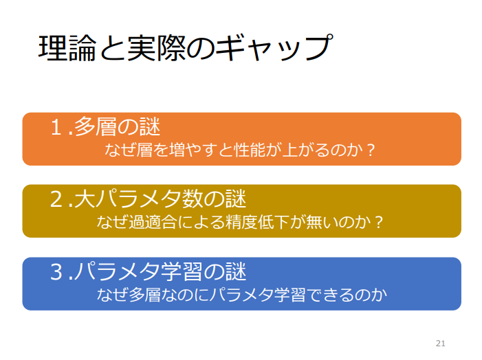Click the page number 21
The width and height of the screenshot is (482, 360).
441,343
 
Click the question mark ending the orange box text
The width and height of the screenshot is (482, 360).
371,149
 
